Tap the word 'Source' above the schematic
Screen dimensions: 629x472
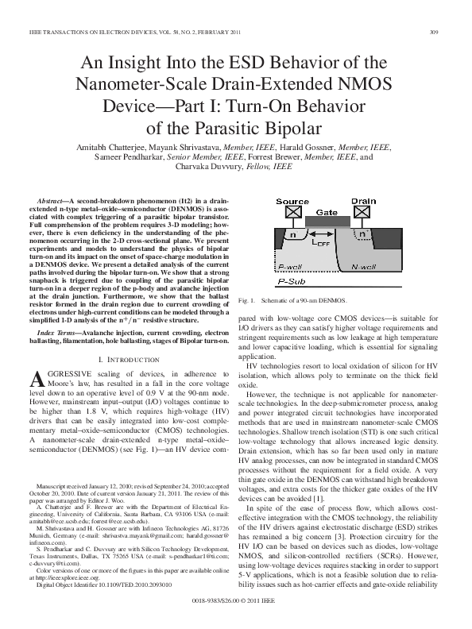pyautogui.click(x=292, y=202)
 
